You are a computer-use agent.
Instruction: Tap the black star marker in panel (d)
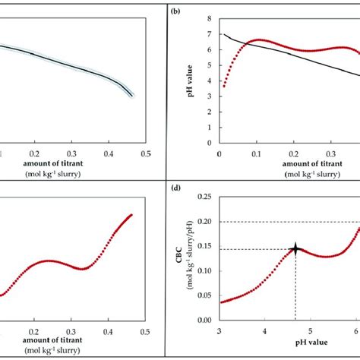(295, 248)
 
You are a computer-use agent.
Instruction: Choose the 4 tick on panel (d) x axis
(264, 331)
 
